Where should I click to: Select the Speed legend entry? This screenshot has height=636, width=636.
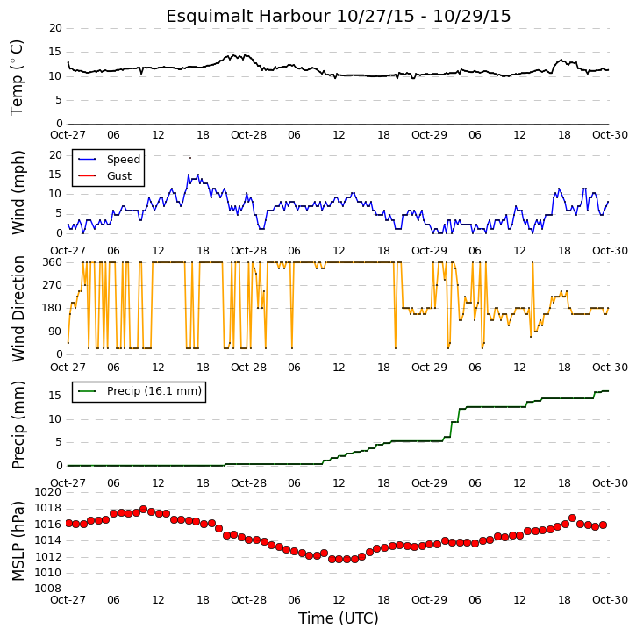tap(109, 160)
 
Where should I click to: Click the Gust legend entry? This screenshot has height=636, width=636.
tap(104, 176)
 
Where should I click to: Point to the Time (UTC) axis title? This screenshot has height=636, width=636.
tap(339, 618)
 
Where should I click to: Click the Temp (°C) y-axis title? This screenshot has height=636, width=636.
tap(17, 77)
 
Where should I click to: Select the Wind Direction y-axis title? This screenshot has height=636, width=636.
tap(18, 309)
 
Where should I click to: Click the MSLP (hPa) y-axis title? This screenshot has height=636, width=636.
tap(18, 541)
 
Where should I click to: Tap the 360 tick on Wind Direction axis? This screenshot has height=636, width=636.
tap(53, 262)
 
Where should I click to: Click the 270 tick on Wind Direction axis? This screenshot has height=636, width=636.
tap(53, 285)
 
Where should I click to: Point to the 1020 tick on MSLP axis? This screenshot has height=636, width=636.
tap(48, 492)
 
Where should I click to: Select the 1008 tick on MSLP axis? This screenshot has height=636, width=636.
tap(48, 588)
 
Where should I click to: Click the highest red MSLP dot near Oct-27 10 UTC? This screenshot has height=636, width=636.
tap(143, 510)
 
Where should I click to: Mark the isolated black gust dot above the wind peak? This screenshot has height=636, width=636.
tap(190, 158)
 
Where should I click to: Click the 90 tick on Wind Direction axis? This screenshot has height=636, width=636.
tap(55, 332)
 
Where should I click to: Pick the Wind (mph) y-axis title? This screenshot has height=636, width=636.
tap(18, 193)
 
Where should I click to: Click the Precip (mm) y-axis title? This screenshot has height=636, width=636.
tap(18, 425)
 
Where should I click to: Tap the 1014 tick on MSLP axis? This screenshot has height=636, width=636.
tap(48, 540)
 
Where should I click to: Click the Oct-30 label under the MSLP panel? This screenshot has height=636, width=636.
tap(610, 599)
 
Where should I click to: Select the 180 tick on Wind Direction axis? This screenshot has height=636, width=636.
tap(53, 308)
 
